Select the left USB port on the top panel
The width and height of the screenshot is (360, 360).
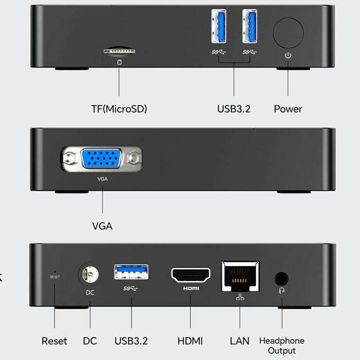219,26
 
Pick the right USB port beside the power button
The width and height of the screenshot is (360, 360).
250,26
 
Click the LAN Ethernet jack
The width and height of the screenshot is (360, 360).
240,276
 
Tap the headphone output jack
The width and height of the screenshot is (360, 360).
281,278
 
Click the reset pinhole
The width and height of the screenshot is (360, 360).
55,271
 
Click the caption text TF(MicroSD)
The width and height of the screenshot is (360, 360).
119,109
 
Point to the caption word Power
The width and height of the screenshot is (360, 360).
288,109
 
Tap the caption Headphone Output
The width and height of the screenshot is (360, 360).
281,345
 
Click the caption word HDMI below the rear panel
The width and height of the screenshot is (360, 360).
190,341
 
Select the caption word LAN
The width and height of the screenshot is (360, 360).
240,341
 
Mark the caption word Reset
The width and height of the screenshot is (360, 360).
55,341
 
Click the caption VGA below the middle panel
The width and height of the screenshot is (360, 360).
102,226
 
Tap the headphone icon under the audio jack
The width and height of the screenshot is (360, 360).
281,291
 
